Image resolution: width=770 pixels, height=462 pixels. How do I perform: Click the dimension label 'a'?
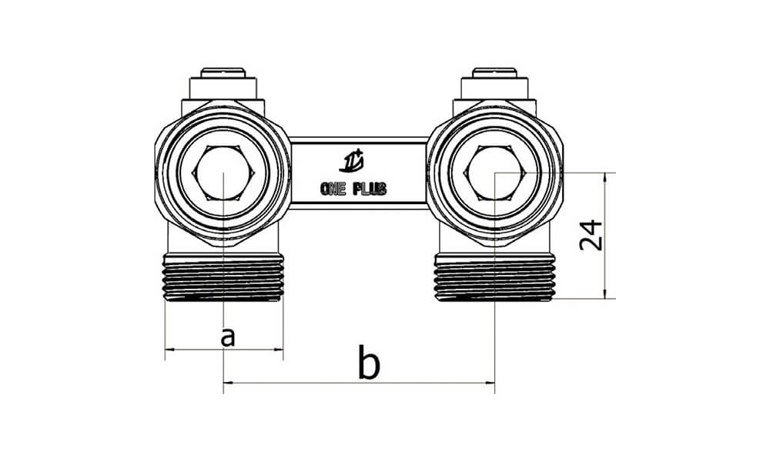(x=226, y=336)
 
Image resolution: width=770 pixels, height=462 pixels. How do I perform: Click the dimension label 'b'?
(x=370, y=363)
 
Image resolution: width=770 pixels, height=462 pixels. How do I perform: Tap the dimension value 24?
(x=591, y=234)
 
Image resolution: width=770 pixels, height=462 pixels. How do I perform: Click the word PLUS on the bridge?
(x=371, y=189)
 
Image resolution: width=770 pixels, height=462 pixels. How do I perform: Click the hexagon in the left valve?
(x=223, y=173)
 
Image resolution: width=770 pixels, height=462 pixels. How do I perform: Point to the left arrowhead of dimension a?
(x=169, y=350)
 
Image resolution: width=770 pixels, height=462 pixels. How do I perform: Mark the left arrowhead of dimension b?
(x=226, y=382)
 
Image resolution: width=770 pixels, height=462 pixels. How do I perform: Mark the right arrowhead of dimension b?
(x=490, y=382)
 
